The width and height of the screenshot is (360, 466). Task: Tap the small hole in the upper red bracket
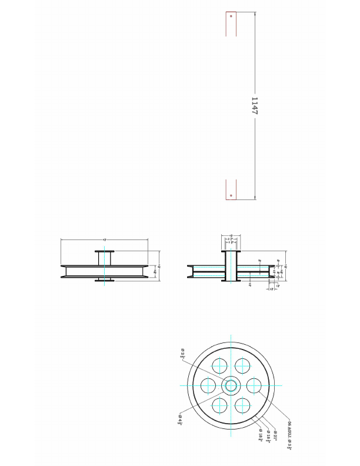coord(231,16)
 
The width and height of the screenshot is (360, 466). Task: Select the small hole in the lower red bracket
coord(231,194)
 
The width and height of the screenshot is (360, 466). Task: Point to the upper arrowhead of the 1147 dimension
coord(255,13)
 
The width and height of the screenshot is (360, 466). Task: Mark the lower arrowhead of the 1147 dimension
coord(255,199)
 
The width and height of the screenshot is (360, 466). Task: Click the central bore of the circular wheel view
coord(231,385)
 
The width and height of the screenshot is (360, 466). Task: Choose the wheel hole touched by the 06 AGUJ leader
coord(254,385)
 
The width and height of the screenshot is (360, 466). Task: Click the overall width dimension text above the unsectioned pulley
coord(104,239)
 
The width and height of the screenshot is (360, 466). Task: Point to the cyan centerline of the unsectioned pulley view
coord(105,271)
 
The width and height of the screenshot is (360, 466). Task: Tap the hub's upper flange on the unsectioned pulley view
coord(105,251)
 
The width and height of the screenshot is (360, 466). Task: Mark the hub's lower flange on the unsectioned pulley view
coord(105,281)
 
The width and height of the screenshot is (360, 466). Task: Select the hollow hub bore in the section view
coord(231,266)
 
